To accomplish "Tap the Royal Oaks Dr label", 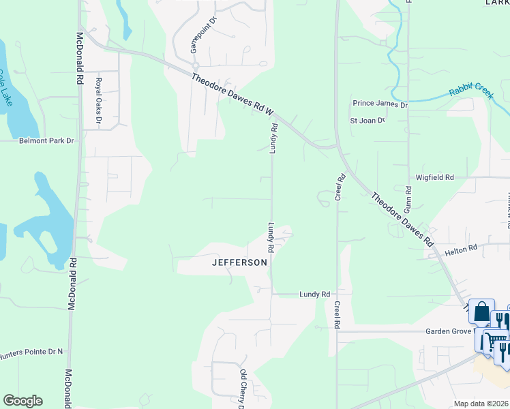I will point(98,102).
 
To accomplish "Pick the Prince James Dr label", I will point(380,104).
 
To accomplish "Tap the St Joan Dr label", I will point(367,121).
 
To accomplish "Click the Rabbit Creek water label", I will point(470,93).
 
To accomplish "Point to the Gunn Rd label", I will point(409,198).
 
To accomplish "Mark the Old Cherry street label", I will point(242,389).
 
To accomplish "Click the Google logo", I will point(22,401).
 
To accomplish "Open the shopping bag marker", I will point(481,313).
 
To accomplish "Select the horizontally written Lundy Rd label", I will point(314,294).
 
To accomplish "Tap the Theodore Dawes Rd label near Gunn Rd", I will point(402,218).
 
